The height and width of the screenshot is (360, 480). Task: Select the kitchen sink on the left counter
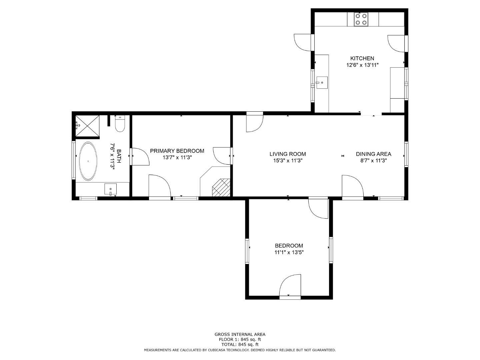click(322, 82)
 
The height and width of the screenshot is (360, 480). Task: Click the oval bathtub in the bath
click(88, 161)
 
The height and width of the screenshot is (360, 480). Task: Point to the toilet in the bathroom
click(120, 124)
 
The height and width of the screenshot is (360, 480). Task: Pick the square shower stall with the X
click(87, 126)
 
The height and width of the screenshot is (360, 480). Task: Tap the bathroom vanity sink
click(110, 189)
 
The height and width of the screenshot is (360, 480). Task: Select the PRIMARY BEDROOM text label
click(177, 151)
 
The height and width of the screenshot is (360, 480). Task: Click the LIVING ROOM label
click(288, 154)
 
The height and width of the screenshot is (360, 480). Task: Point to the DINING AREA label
click(373, 154)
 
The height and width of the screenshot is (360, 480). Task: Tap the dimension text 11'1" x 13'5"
click(289, 252)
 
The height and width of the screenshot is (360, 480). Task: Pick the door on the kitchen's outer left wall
click(304, 42)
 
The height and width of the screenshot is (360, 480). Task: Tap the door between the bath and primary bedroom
click(140, 156)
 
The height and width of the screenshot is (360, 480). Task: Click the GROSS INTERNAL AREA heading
click(240, 334)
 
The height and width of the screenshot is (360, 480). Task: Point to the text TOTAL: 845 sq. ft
click(240, 344)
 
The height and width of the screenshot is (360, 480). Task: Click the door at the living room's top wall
click(255, 122)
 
